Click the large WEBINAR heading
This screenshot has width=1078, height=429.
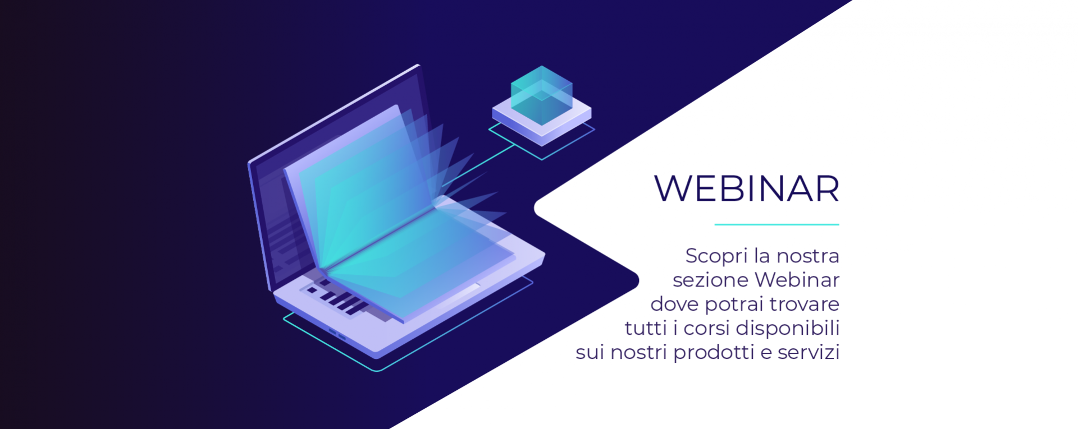pos(747,188)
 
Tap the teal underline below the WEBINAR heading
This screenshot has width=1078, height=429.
pos(776,224)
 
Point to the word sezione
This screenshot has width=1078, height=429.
pos(711,280)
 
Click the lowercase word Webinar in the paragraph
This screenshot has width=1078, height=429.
pos(797,279)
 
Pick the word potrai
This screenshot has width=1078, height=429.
pos(734,305)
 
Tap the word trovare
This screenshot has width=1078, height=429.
pos(805,305)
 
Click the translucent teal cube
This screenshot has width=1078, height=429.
pos(541,95)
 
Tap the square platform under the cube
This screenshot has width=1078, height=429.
pos(542,120)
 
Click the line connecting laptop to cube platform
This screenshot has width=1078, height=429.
pos(478,165)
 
